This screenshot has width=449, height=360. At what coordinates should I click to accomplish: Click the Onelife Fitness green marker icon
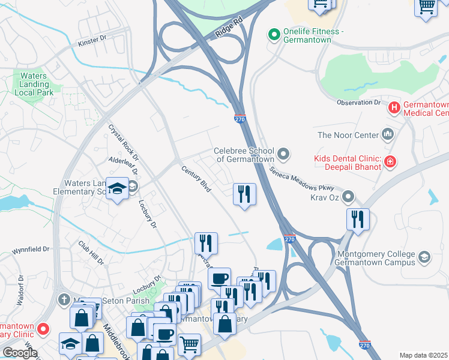[x=274, y=35]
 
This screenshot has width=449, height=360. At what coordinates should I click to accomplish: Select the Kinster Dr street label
[x=92, y=40]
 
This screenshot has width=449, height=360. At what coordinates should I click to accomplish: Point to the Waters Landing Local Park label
[x=37, y=84]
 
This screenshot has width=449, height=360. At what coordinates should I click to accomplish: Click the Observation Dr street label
[x=359, y=103]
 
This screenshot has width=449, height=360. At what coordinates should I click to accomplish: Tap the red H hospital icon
[x=394, y=108]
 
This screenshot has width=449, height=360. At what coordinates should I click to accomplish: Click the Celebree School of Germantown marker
[x=283, y=155]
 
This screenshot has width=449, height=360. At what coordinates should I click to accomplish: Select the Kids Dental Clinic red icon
[x=390, y=162]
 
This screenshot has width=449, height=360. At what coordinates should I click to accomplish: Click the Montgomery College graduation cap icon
[x=424, y=257]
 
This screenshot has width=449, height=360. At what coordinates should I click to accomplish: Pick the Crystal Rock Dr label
[x=122, y=143]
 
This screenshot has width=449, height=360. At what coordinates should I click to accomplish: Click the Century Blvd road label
[x=196, y=178]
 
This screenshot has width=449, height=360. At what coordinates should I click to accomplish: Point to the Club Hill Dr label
[x=91, y=253]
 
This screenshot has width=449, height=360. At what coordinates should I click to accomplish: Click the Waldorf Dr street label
[x=20, y=290]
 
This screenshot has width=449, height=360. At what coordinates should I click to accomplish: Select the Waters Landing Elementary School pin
[x=117, y=188]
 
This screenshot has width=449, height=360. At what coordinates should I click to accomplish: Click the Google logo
[x=20, y=353]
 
